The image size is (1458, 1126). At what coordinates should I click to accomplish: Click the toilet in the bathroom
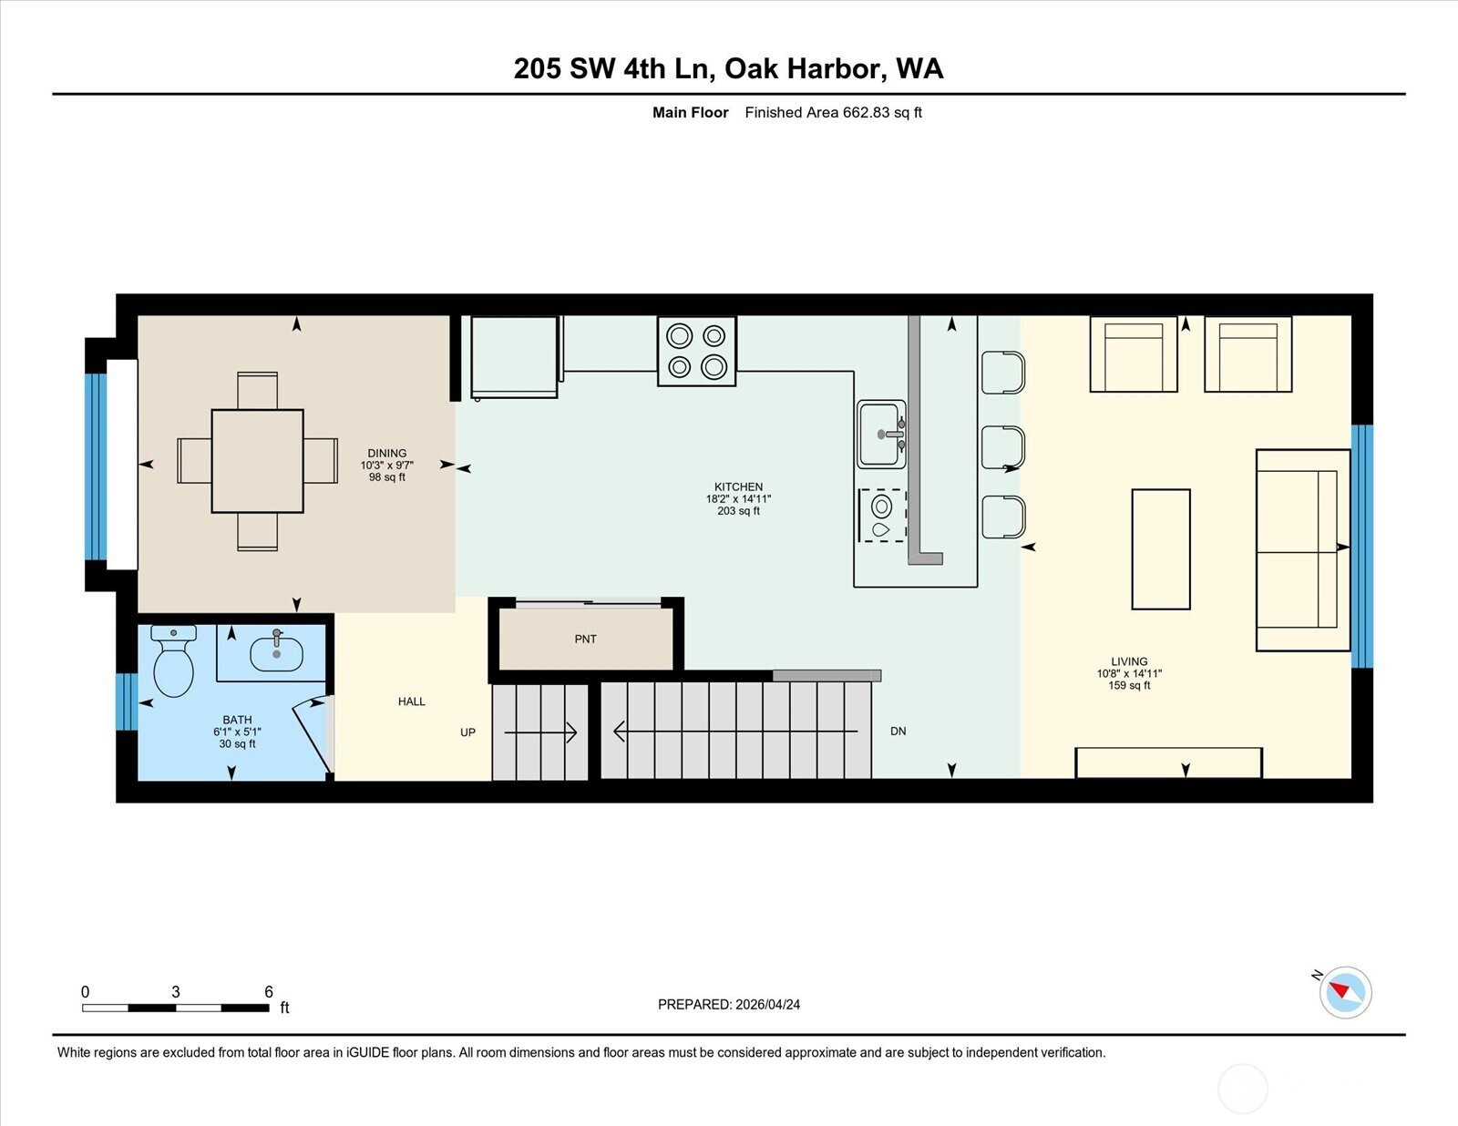pos(174,660)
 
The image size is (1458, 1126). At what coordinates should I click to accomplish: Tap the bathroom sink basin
pos(276,654)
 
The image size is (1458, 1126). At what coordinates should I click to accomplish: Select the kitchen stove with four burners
pos(696,352)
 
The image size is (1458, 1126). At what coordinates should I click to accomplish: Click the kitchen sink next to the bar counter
pos(881,435)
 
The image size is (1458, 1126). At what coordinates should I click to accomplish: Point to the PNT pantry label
pos(586,640)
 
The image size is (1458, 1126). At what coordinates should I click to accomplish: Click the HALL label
pos(411,701)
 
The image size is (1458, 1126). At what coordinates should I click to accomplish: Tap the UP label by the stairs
pos(467,732)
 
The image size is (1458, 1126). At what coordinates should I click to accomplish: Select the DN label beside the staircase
pos(898,731)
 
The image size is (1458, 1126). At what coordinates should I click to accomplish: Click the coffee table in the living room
pos(1161,549)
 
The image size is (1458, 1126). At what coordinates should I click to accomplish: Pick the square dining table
pos(258,461)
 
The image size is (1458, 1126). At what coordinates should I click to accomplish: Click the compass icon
pos(1345,993)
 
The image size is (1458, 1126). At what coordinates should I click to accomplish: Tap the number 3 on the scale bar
pos(176,992)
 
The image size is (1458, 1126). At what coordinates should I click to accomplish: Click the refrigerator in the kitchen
pos(515,357)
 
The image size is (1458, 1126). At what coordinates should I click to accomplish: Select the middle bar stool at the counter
pos(1003,447)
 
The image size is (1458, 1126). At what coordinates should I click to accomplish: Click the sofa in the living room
pos(1303,550)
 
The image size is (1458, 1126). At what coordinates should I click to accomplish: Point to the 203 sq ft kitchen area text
pos(738,511)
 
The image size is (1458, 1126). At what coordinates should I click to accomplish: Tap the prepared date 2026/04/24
pos(767,1005)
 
